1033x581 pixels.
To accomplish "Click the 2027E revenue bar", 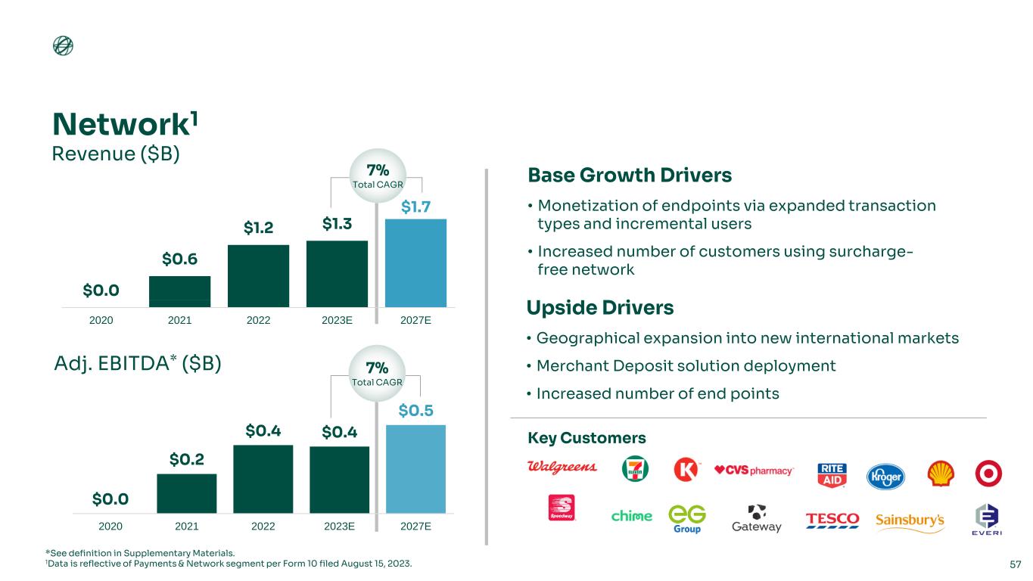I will (415, 263).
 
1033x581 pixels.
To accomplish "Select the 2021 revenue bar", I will (179, 291).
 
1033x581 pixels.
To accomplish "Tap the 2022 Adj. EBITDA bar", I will (263, 478).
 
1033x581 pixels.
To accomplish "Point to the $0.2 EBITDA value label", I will (186, 459).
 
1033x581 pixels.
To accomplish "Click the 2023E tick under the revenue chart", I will (337, 320).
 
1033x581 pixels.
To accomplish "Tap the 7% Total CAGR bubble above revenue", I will (378, 176).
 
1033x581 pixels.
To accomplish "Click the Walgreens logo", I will (562, 467).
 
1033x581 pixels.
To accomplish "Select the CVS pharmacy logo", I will (754, 470).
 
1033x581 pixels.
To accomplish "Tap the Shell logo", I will (941, 473).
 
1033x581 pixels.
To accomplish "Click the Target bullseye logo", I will (988, 473).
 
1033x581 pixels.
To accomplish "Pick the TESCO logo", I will (832, 519).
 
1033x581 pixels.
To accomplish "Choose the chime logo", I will (631, 516).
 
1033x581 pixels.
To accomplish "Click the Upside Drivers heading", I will (599, 308).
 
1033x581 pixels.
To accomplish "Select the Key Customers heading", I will (587, 438).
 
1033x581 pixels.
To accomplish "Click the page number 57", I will (1016, 564).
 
